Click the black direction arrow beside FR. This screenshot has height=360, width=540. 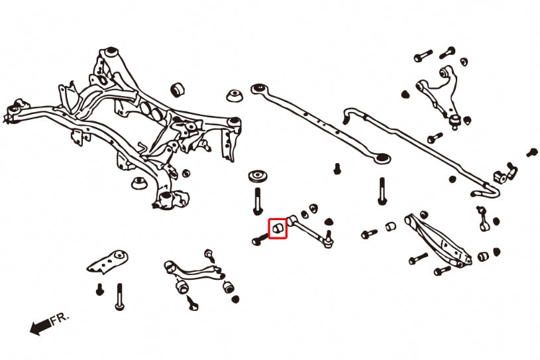[39, 326]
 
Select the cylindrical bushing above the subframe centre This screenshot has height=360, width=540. [177, 89]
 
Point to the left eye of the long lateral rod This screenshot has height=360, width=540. [259, 88]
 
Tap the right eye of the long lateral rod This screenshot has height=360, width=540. [382, 158]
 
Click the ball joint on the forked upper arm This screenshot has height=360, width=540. [456, 120]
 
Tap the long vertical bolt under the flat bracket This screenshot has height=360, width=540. [119, 296]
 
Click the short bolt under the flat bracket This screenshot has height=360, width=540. [99, 290]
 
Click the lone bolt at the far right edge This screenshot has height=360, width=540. [531, 152]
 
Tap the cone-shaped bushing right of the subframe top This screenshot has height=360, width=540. [234, 95]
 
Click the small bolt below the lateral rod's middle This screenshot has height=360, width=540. [337, 168]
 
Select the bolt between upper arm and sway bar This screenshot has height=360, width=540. [435, 138]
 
